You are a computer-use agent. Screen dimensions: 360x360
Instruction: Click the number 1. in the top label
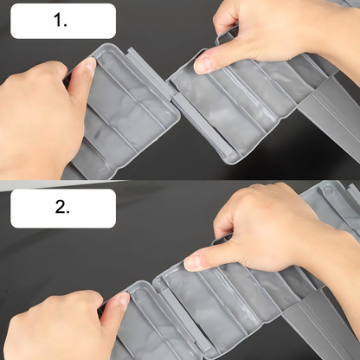coord(61,21)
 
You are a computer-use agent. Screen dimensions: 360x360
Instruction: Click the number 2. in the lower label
coord(62,207)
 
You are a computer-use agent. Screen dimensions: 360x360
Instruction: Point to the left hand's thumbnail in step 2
coord(124,299)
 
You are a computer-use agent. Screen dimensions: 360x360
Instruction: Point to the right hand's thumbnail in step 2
coord(193,262)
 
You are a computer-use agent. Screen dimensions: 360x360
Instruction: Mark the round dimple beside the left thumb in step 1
coord(107,59)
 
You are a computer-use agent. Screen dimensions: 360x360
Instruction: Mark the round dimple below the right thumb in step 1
coord(183,85)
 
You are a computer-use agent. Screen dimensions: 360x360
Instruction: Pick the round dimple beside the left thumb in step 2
coord(140,294)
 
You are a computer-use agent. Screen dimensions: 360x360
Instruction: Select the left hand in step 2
coord(61,326)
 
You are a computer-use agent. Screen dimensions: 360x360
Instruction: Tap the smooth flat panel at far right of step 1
coord(331,104)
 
